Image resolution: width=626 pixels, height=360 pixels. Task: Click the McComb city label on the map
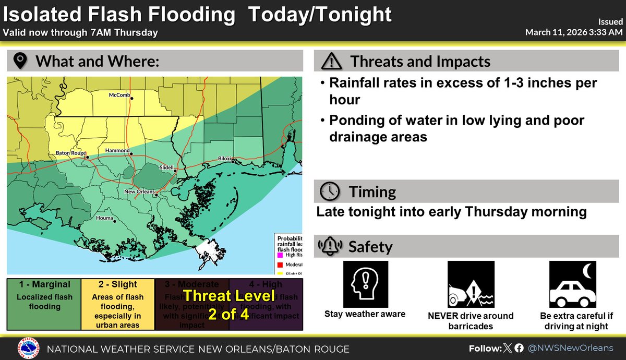pos(119,95)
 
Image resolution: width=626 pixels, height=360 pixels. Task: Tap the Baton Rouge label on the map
pos(70,153)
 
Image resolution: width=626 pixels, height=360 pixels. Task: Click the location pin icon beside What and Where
pos(20,62)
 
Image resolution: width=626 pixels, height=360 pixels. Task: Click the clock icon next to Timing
pos(330,191)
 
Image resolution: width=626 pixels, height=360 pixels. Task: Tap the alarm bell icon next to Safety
pos(330,246)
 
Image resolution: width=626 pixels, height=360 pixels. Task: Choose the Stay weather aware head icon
pos(365,284)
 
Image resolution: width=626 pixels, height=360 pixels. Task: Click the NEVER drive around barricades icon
pos(471,284)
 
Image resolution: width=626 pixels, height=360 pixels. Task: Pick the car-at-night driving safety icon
pos(572,284)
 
